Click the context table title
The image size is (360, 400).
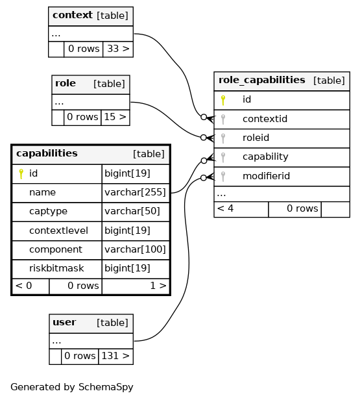tap(73, 16)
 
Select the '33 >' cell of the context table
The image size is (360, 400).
tap(118, 49)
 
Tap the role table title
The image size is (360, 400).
tap(66, 83)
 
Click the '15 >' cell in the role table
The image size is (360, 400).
tap(115, 117)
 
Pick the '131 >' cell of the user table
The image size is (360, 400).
tap(115, 356)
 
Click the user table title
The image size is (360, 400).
tap(64, 323)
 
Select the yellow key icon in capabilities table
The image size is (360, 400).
tap(21, 174)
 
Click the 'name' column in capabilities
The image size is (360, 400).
tap(42, 192)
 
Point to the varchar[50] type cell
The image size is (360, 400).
tap(132, 211)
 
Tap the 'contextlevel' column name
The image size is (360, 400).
tap(58, 231)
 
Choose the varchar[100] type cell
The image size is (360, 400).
tap(136, 249)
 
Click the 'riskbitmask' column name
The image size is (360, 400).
tap(56, 268)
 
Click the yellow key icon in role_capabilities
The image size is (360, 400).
tap(223, 100)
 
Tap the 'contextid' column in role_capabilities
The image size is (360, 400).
tap(265, 119)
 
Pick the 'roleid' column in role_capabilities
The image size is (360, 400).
tap(256, 138)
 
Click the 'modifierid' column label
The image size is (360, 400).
tap(266, 176)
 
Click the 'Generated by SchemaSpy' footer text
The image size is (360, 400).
tap(72, 387)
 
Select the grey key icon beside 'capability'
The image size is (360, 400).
tap(223, 158)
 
